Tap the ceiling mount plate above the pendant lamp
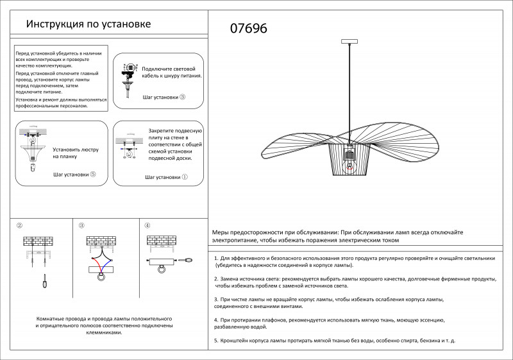click(x=349, y=43)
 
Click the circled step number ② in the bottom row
click(x=19, y=226)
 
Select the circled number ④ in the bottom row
click(x=147, y=226)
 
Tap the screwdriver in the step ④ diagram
click(x=188, y=261)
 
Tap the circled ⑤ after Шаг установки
click(x=93, y=174)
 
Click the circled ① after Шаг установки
click(x=185, y=176)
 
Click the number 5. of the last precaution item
click(x=216, y=339)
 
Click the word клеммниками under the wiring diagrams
click(x=104, y=333)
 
